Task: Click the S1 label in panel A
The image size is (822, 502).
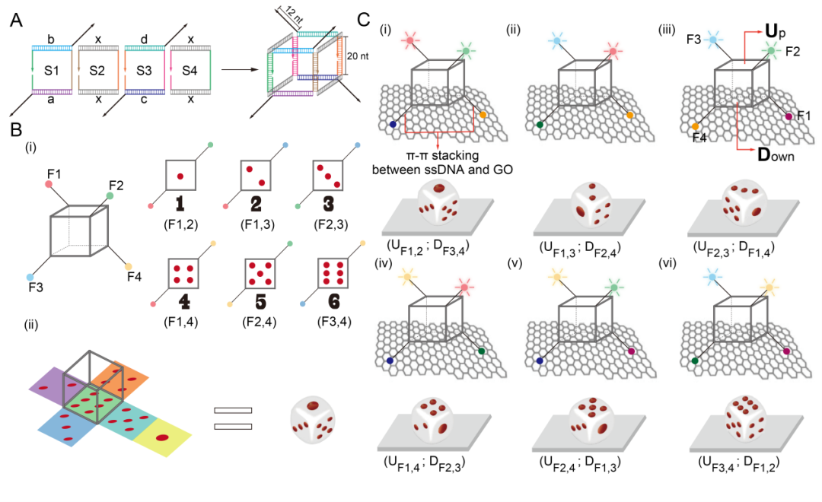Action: coord(52,71)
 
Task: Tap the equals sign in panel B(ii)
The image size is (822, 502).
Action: coord(232,417)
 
